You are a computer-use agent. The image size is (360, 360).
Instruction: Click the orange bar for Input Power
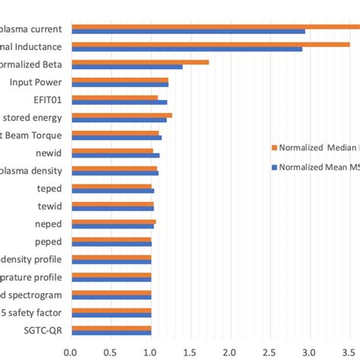pyautogui.click(x=120, y=79)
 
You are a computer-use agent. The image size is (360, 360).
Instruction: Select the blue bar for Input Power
pyautogui.click(x=120, y=84)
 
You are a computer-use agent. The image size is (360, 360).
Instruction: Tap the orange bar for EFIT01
pyautogui.click(x=115, y=97)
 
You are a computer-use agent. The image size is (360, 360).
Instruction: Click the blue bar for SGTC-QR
pyautogui.click(x=111, y=331)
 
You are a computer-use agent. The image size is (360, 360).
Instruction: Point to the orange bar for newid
pyautogui.click(x=112, y=150)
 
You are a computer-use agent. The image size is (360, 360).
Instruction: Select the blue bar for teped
pyautogui.click(x=112, y=190)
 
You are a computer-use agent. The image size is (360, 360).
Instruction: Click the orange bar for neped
pyautogui.click(x=113, y=221)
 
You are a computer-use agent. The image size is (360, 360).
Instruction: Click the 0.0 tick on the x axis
pyautogui.click(x=71, y=352)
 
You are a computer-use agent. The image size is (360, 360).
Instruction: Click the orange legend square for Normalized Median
pyautogui.click(x=274, y=147)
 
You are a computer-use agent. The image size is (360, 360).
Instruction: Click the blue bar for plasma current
pyautogui.click(x=188, y=31)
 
